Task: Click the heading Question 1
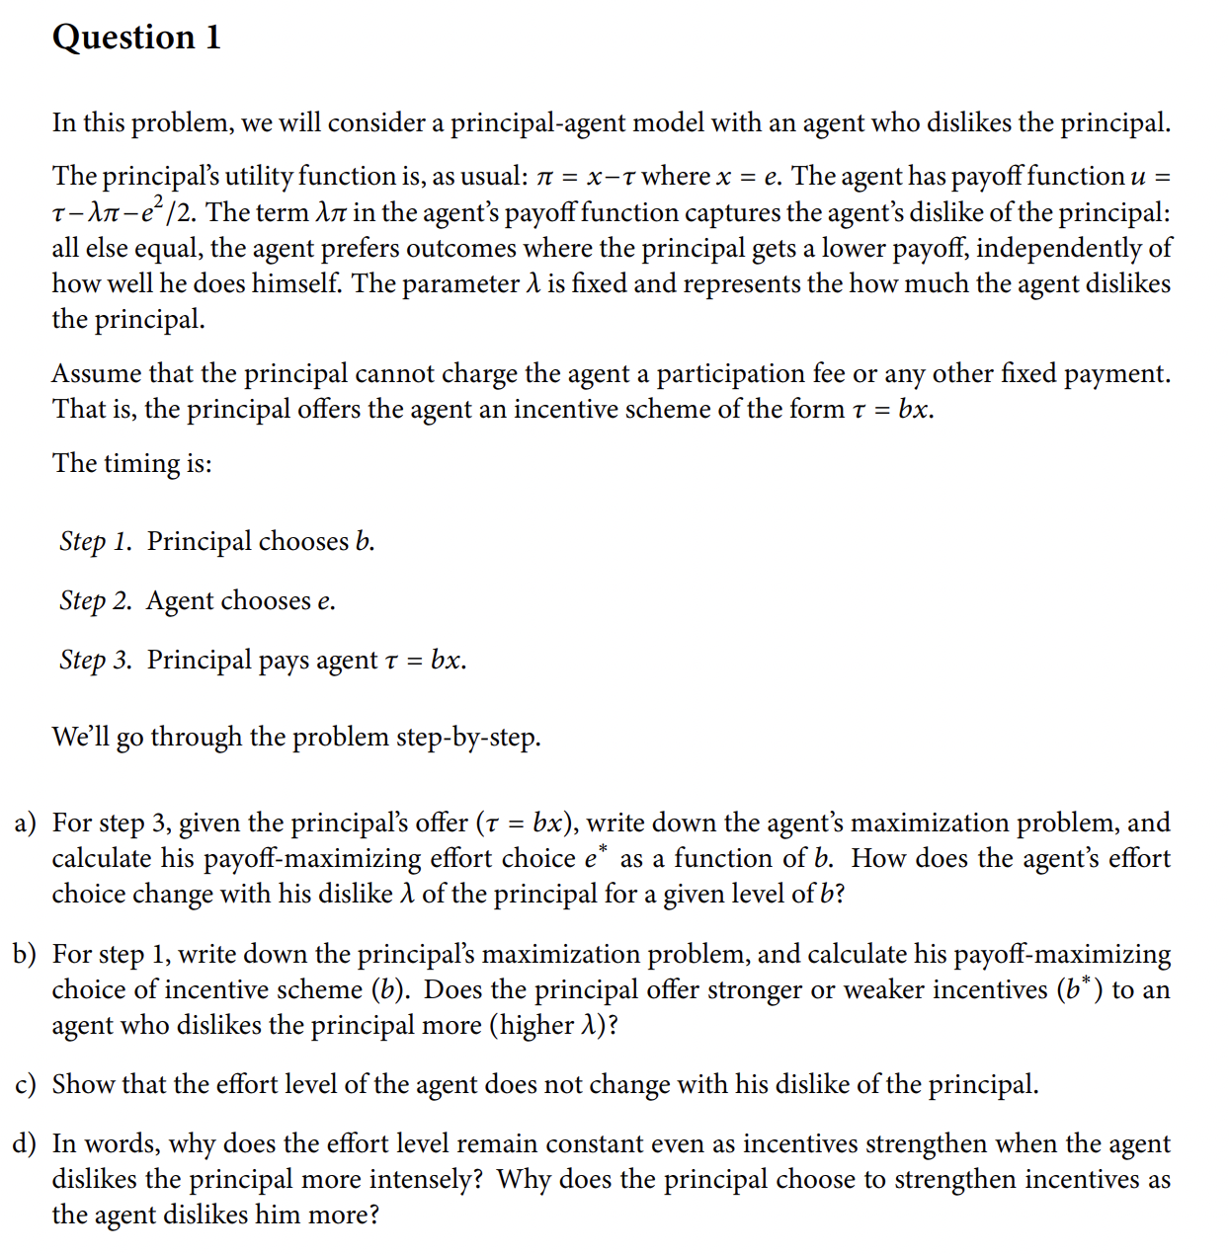(x=136, y=38)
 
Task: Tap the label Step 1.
(x=95, y=541)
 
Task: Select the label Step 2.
(x=95, y=600)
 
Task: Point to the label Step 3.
(x=95, y=660)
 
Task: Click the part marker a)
(x=26, y=823)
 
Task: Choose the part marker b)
(x=26, y=954)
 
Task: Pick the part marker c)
(x=26, y=1084)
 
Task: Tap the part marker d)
(x=26, y=1143)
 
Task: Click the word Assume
(x=96, y=374)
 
